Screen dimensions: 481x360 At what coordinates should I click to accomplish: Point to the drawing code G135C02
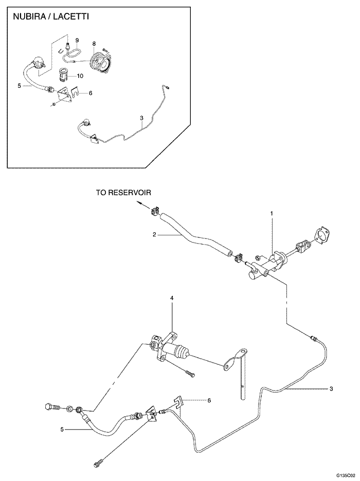[x=346, y=476]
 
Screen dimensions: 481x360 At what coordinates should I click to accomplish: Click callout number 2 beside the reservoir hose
[x=154, y=234]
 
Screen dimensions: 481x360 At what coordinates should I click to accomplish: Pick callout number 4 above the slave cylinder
[x=172, y=298]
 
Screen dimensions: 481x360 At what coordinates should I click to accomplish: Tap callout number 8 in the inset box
[x=94, y=45]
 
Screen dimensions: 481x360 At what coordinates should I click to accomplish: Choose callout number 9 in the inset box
[x=77, y=40]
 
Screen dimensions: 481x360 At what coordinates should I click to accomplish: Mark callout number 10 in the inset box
[x=80, y=76]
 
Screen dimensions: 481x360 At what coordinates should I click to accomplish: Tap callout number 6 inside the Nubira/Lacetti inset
[x=91, y=94]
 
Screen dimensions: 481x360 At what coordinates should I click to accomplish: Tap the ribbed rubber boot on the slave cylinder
[x=182, y=353]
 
